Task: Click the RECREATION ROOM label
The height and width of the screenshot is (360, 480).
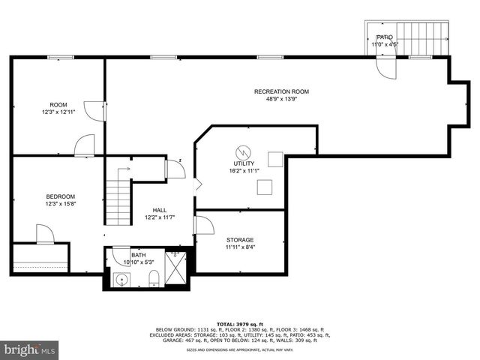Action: coord(281,91)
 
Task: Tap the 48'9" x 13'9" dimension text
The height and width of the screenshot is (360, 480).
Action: coord(281,99)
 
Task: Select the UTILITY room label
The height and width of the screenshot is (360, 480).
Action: coord(244,163)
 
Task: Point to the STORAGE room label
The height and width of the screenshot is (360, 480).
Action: coord(240,240)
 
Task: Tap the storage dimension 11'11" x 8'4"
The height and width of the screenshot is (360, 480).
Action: coord(240,247)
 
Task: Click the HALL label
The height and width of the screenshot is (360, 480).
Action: coord(160,210)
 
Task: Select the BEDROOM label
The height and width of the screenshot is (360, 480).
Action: coord(60,196)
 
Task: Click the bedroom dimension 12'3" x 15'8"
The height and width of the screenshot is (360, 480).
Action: coord(60,204)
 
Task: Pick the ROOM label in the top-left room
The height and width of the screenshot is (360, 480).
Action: coord(58,104)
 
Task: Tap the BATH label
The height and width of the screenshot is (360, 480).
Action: coord(139,255)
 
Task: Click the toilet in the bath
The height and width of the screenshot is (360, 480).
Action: coord(154,280)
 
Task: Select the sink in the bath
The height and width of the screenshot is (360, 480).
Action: coord(121,280)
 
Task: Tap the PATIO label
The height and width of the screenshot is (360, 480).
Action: coord(385,37)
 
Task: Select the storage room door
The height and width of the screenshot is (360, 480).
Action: coord(203,225)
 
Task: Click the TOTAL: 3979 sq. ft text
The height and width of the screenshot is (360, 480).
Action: coord(239,322)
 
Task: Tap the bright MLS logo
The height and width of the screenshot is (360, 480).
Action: coord(30,349)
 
